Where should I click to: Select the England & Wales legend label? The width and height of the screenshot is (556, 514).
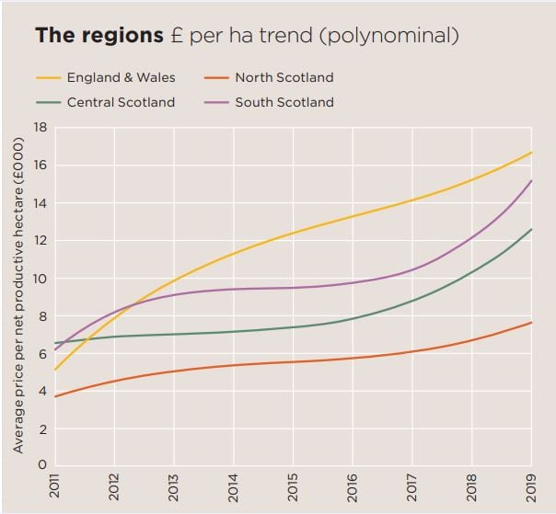pos(121,78)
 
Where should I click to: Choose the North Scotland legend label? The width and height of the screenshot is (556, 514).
pos(284,78)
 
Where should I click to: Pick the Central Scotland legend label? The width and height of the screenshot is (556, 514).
pos(121,102)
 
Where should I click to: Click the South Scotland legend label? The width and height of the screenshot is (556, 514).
pos(284,102)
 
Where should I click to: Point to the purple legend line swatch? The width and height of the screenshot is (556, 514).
pos(214,102)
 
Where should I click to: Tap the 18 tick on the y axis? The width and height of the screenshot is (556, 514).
pos(40,128)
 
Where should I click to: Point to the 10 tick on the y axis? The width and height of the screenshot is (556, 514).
pos(40,279)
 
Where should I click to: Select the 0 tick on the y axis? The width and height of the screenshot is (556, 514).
pos(42,466)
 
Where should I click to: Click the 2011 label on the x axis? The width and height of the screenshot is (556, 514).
pos(55,487)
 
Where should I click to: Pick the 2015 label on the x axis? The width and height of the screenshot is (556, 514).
pos(294,487)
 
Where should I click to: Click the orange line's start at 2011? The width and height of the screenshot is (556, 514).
pos(55,396)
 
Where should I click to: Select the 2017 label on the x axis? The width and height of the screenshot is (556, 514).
pos(412,487)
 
